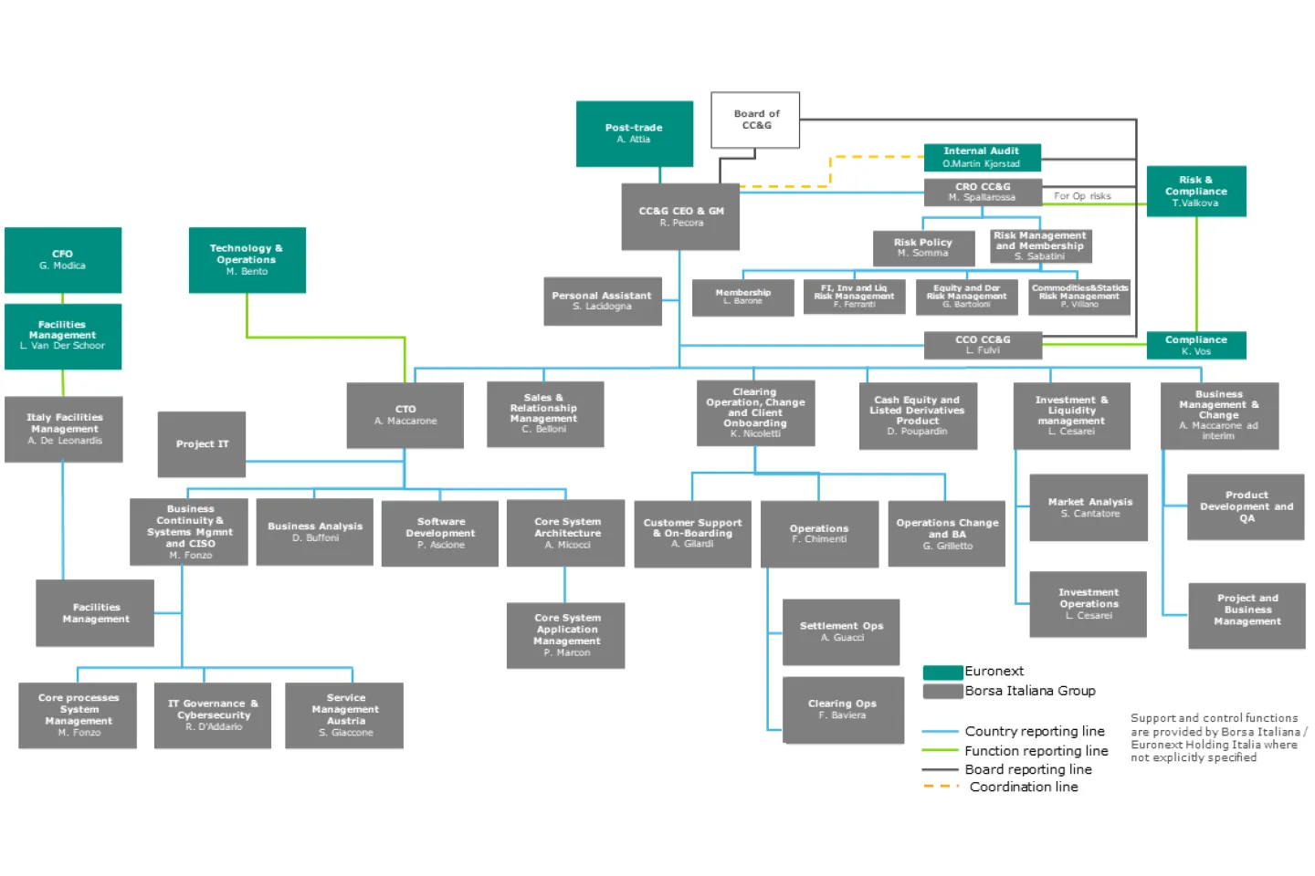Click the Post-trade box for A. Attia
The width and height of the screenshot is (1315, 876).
click(634, 133)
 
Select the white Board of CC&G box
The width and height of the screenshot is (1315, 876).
click(755, 120)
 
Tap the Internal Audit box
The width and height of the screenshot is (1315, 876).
click(982, 157)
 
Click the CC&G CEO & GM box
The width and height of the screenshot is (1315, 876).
click(680, 216)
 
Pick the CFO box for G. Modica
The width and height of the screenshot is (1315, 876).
click(62, 259)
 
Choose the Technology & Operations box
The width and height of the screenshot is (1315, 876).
click(247, 259)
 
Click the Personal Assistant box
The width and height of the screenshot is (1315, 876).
click(602, 301)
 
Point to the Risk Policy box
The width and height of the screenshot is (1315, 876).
click(922, 247)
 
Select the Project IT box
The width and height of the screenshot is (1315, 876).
click(202, 444)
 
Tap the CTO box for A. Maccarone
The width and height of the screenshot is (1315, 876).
click(405, 415)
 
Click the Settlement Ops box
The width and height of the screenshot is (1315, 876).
click(841, 631)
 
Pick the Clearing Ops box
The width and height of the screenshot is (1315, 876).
click(842, 709)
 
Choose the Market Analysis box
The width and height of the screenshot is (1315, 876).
click(1089, 507)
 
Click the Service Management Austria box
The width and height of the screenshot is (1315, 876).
click(344, 715)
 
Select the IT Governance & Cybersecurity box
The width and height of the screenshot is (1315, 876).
click(213, 715)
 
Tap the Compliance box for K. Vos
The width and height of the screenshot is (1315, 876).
click(1195, 345)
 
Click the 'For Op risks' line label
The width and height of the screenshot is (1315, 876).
click(1082, 196)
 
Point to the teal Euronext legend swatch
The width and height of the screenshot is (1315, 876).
click(942, 673)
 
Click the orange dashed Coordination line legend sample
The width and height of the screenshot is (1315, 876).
click(941, 787)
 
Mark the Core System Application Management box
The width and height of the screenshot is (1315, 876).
click(566, 635)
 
